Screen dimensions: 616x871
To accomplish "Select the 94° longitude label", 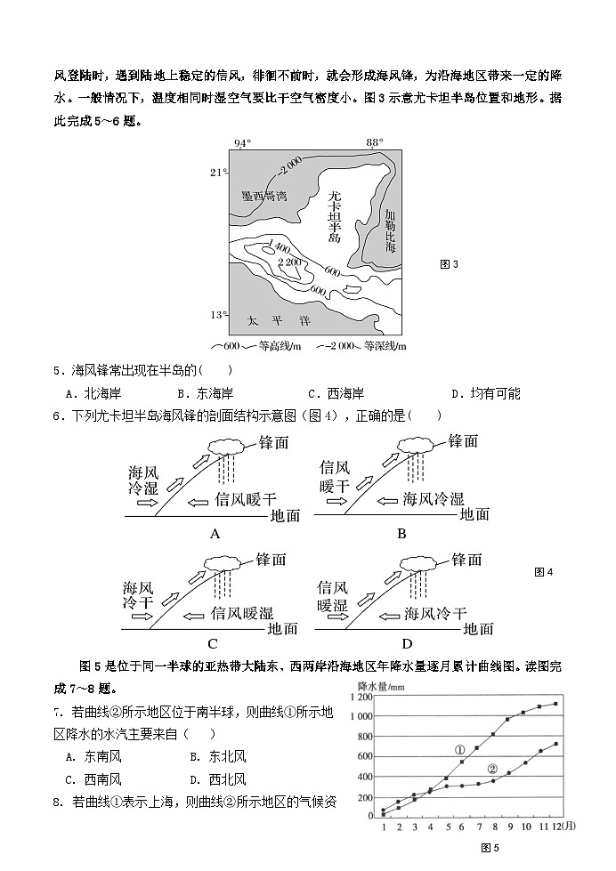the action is coord(241,143).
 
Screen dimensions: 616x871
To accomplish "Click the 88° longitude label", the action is coord(375,143).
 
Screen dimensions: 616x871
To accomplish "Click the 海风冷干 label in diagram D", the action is coord(434,613).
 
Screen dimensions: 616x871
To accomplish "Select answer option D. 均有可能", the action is coord(485,393).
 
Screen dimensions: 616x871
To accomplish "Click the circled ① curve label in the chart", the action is coord(460,750).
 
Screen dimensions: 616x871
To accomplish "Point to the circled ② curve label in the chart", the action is coord(492,769).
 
